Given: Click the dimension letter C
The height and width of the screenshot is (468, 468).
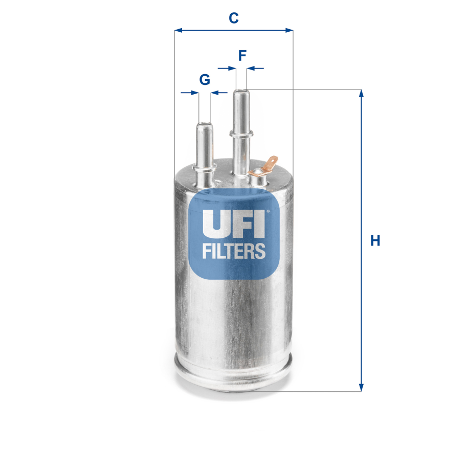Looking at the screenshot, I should point(234,18).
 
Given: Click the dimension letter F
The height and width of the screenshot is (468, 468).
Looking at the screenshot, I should point(242,55).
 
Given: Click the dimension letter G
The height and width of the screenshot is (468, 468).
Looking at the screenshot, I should point(205,80).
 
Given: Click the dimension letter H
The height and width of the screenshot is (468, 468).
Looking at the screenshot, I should point(375,240).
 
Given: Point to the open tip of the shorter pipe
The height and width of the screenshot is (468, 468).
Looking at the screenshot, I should point(205,123).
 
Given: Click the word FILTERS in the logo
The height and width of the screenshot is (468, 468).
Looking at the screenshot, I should point(234,251).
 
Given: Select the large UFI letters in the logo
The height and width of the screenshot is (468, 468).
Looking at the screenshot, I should point(233,223).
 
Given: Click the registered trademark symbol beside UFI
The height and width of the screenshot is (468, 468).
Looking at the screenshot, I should point(267,209).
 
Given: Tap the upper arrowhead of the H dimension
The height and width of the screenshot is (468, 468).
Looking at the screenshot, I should point(362,94).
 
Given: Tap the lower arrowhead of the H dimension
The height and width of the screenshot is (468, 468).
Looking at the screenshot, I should point(362,388).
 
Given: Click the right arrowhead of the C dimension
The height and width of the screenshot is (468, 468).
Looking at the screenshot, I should point(289,31).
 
